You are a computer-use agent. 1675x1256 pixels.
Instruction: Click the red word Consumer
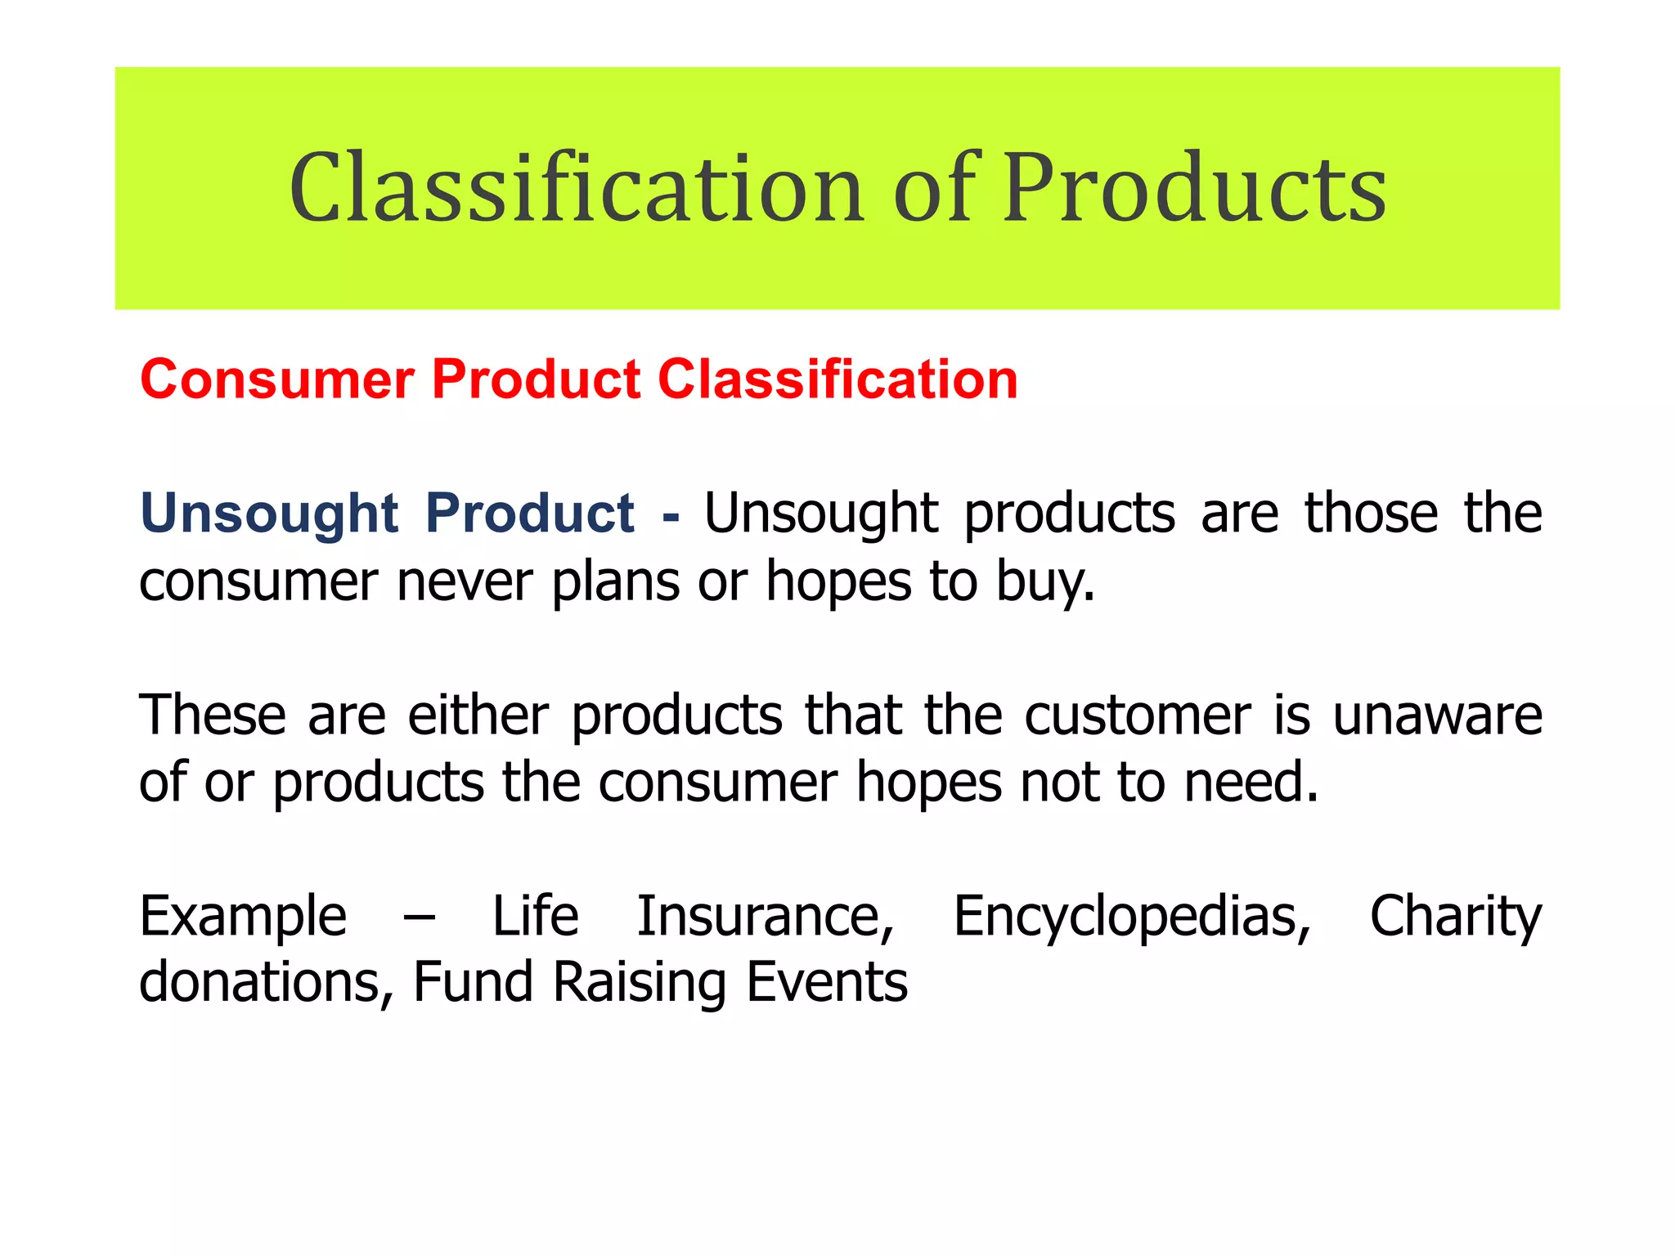pyautogui.click(x=277, y=380)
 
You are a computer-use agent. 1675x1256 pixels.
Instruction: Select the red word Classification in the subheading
pyautogui.click(x=838, y=380)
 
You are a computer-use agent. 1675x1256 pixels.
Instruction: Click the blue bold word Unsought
pyautogui.click(x=269, y=514)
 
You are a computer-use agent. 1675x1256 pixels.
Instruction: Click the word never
pyautogui.click(x=465, y=582)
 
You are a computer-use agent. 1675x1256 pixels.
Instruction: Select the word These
pyautogui.click(x=213, y=715)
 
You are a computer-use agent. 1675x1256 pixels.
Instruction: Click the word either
pyautogui.click(x=478, y=715)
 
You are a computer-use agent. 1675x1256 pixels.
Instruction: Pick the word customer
pyautogui.click(x=1138, y=715)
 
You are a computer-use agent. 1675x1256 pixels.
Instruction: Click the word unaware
pyautogui.click(x=1437, y=715)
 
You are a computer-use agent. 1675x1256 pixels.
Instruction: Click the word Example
pyautogui.click(x=243, y=917)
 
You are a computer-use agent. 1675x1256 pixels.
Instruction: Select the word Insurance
pyautogui.click(x=766, y=916)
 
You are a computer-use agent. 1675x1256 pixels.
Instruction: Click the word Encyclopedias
pyautogui.click(x=1132, y=917)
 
